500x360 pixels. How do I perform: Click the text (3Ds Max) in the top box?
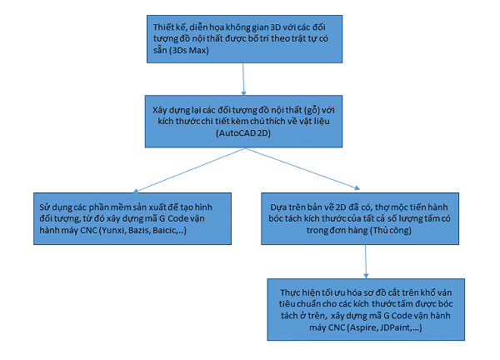pos(189,50)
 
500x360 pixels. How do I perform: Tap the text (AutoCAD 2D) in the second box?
pos(243,132)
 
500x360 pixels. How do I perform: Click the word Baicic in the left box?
pos(165,230)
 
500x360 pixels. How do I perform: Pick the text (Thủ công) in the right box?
pos(391,230)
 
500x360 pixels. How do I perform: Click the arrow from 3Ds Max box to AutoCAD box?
pos(243,79)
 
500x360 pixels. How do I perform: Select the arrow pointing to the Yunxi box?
pos(189,170)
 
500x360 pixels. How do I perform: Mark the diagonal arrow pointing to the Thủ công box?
pos(302,168)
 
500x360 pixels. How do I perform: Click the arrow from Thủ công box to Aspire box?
pos(366,262)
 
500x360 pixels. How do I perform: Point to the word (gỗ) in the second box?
pos(312,110)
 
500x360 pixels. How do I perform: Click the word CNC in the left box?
pos(88,230)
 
